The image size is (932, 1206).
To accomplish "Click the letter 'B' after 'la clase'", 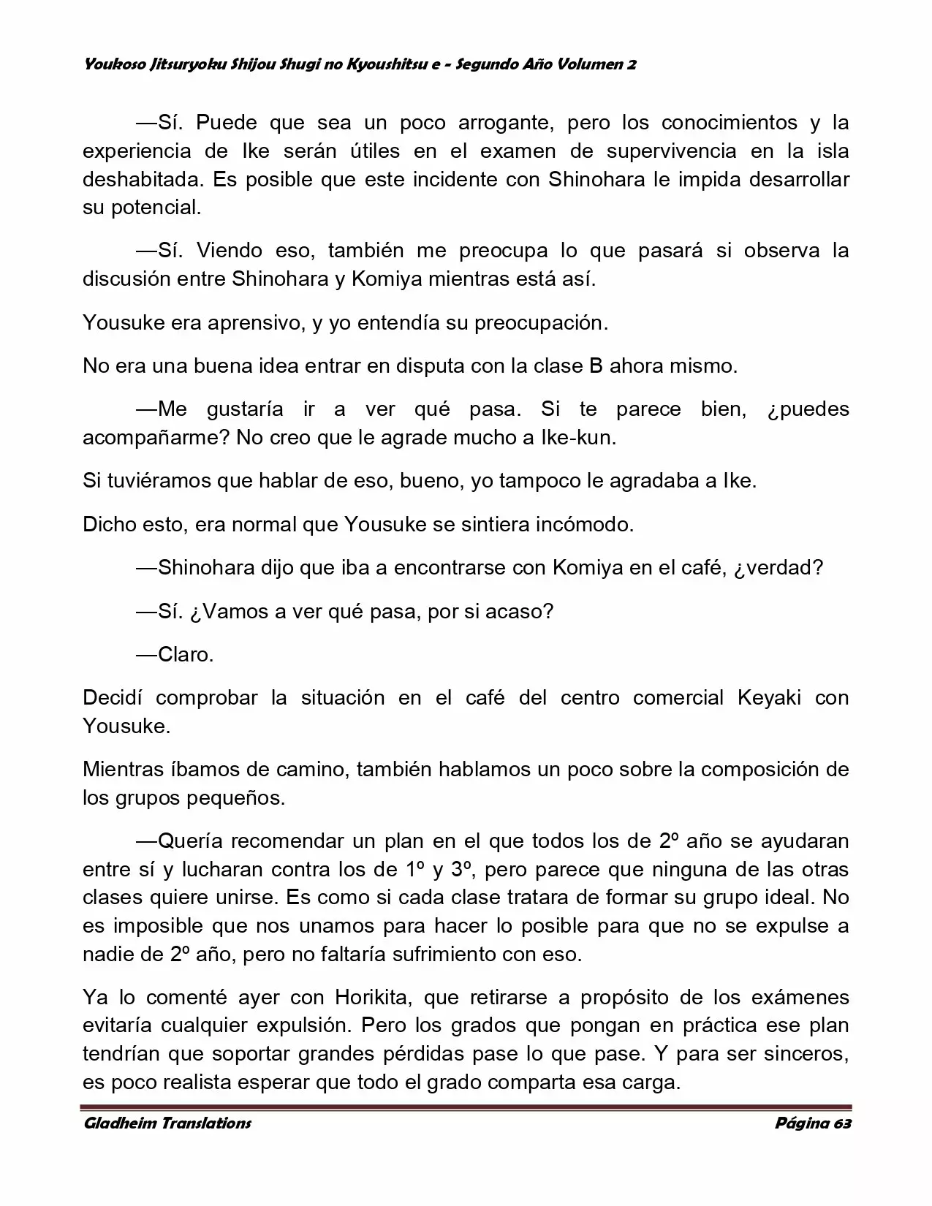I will pos(596,365).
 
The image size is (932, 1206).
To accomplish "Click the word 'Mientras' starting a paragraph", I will pos(124,769).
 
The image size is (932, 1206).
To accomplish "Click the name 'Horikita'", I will pos(374,997).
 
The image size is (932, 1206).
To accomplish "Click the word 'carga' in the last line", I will pos(652,1082).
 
